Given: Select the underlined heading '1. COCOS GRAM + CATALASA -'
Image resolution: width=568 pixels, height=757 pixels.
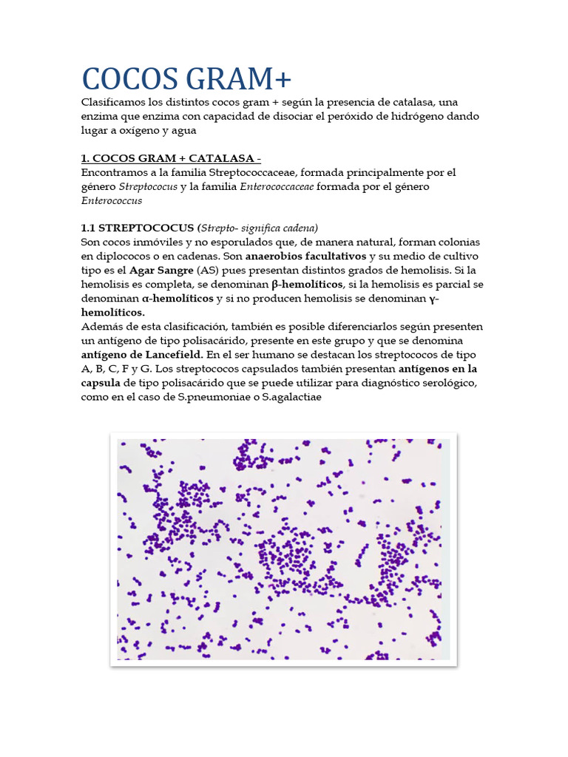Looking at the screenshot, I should [x=170, y=158].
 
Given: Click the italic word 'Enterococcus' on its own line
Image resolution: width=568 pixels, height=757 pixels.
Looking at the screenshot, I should [x=112, y=200].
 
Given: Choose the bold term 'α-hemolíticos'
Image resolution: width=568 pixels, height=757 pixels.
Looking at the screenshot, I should [x=177, y=298].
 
